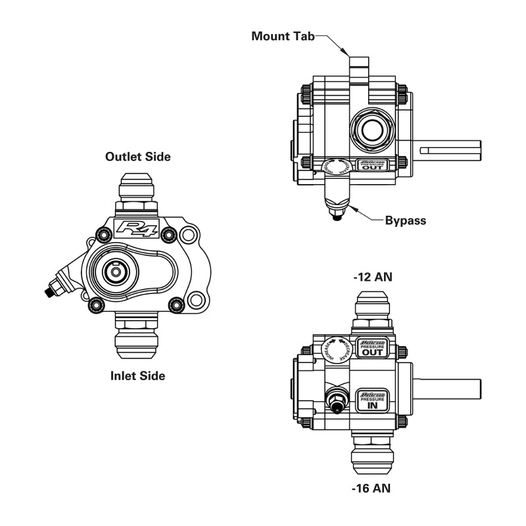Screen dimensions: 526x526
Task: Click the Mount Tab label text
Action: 283,36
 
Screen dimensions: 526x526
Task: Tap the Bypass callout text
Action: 405,220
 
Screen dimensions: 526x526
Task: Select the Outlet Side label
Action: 138,156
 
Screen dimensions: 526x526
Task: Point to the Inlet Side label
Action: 137,376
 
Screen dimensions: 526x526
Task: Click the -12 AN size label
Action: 372,277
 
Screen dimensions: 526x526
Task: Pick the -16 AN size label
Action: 372,489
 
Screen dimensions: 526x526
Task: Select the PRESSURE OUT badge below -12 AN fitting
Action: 372,348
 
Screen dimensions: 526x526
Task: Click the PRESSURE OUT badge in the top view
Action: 372,164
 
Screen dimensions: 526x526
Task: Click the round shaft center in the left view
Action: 116,272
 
